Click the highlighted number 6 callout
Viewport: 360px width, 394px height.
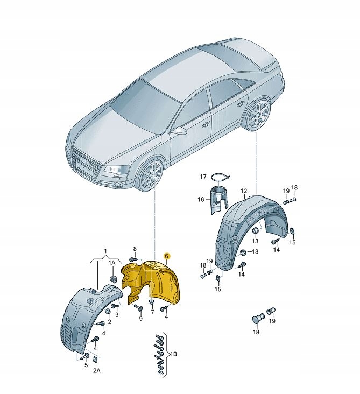point(167,256)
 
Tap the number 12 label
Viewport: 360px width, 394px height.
point(243,191)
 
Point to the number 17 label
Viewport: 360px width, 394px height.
point(203,177)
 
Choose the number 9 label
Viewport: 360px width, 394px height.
point(140,319)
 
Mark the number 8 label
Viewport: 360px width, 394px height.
point(135,248)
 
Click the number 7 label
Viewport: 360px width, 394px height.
point(152,312)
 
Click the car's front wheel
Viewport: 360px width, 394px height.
point(149,175)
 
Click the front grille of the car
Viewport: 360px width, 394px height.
point(84,164)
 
